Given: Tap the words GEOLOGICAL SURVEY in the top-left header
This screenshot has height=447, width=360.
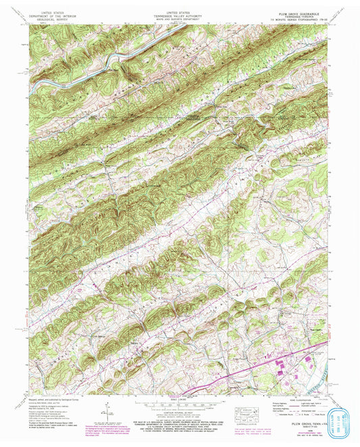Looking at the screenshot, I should pyautogui.click(x=45, y=20).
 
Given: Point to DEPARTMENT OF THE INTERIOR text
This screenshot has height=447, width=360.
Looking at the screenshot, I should pyautogui.click(x=45, y=16).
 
